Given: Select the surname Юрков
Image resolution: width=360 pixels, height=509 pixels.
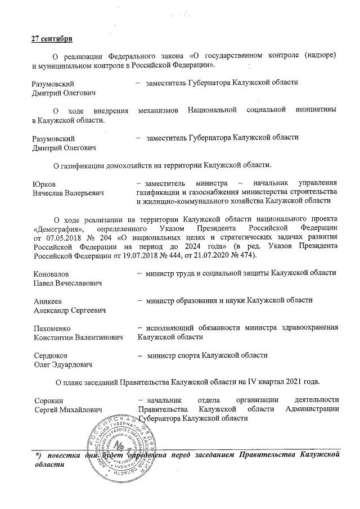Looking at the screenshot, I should click(44, 183).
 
